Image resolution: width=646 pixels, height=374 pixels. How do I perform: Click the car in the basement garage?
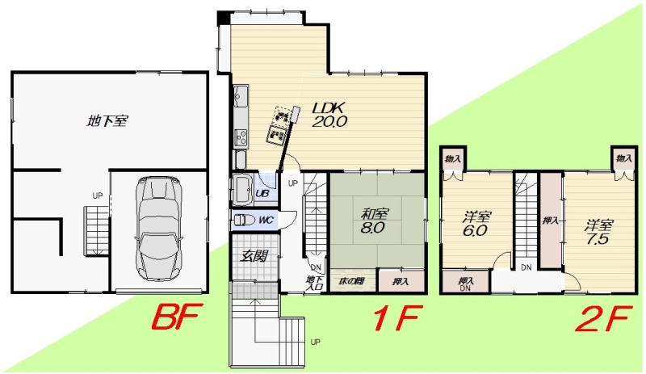(159, 228)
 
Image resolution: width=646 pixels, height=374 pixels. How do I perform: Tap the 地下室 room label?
(107, 121)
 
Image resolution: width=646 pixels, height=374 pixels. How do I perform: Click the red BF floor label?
(176, 317)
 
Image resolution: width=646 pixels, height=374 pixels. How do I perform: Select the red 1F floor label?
(396, 318)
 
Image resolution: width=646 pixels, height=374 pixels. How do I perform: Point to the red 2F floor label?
(603, 318)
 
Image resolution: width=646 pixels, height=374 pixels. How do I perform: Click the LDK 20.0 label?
(329, 115)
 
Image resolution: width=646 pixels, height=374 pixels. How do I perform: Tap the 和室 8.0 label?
(374, 221)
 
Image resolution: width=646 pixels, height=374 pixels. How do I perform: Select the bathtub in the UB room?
(242, 189)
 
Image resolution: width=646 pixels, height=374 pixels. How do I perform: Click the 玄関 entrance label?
(254, 257)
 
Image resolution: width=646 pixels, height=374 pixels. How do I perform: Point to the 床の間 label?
(351, 282)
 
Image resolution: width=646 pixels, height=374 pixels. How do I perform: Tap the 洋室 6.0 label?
(476, 224)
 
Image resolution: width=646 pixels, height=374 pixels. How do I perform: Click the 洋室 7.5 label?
(598, 232)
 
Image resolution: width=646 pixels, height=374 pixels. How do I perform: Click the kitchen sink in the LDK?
(240, 95)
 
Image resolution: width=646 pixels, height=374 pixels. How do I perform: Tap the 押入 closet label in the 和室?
(400, 282)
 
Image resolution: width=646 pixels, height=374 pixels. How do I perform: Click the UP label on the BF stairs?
(97, 195)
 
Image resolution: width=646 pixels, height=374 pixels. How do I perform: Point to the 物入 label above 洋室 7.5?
(623, 158)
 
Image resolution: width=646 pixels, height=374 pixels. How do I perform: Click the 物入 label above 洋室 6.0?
(453, 159)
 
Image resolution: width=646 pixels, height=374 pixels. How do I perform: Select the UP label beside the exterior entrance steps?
(315, 342)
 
